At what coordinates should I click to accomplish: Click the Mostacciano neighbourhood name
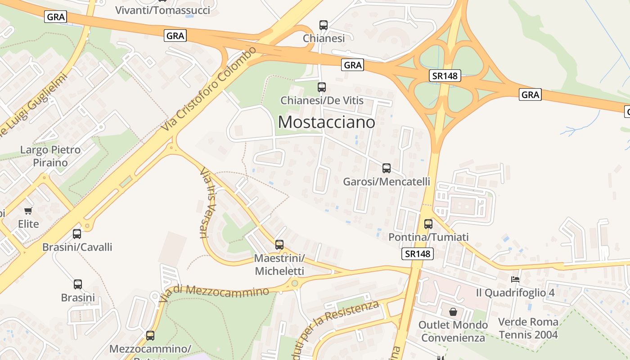[326, 122]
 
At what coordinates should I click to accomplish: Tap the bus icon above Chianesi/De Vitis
[321, 87]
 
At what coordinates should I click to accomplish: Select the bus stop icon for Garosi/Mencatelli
[386, 168]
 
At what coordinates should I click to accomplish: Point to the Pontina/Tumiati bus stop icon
[428, 224]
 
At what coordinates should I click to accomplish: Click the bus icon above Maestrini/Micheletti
[279, 245]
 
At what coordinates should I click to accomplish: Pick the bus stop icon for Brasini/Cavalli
[77, 234]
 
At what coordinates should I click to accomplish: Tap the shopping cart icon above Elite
[28, 211]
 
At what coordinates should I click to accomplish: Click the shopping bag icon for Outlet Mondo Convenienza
[453, 311]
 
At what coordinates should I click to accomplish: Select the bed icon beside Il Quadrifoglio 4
[515, 279]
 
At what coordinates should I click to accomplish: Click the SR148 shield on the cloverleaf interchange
[445, 76]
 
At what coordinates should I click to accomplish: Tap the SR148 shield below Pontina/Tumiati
[418, 254]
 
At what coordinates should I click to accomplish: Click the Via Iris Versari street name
[205, 202]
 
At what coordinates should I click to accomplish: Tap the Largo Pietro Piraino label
[50, 156]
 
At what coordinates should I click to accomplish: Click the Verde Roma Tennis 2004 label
[528, 328]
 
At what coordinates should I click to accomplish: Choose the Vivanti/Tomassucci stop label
[162, 10]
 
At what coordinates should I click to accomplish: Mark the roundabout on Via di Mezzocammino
[294, 283]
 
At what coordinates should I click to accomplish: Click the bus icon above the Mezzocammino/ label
[150, 336]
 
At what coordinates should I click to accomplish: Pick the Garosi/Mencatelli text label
[386, 182]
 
